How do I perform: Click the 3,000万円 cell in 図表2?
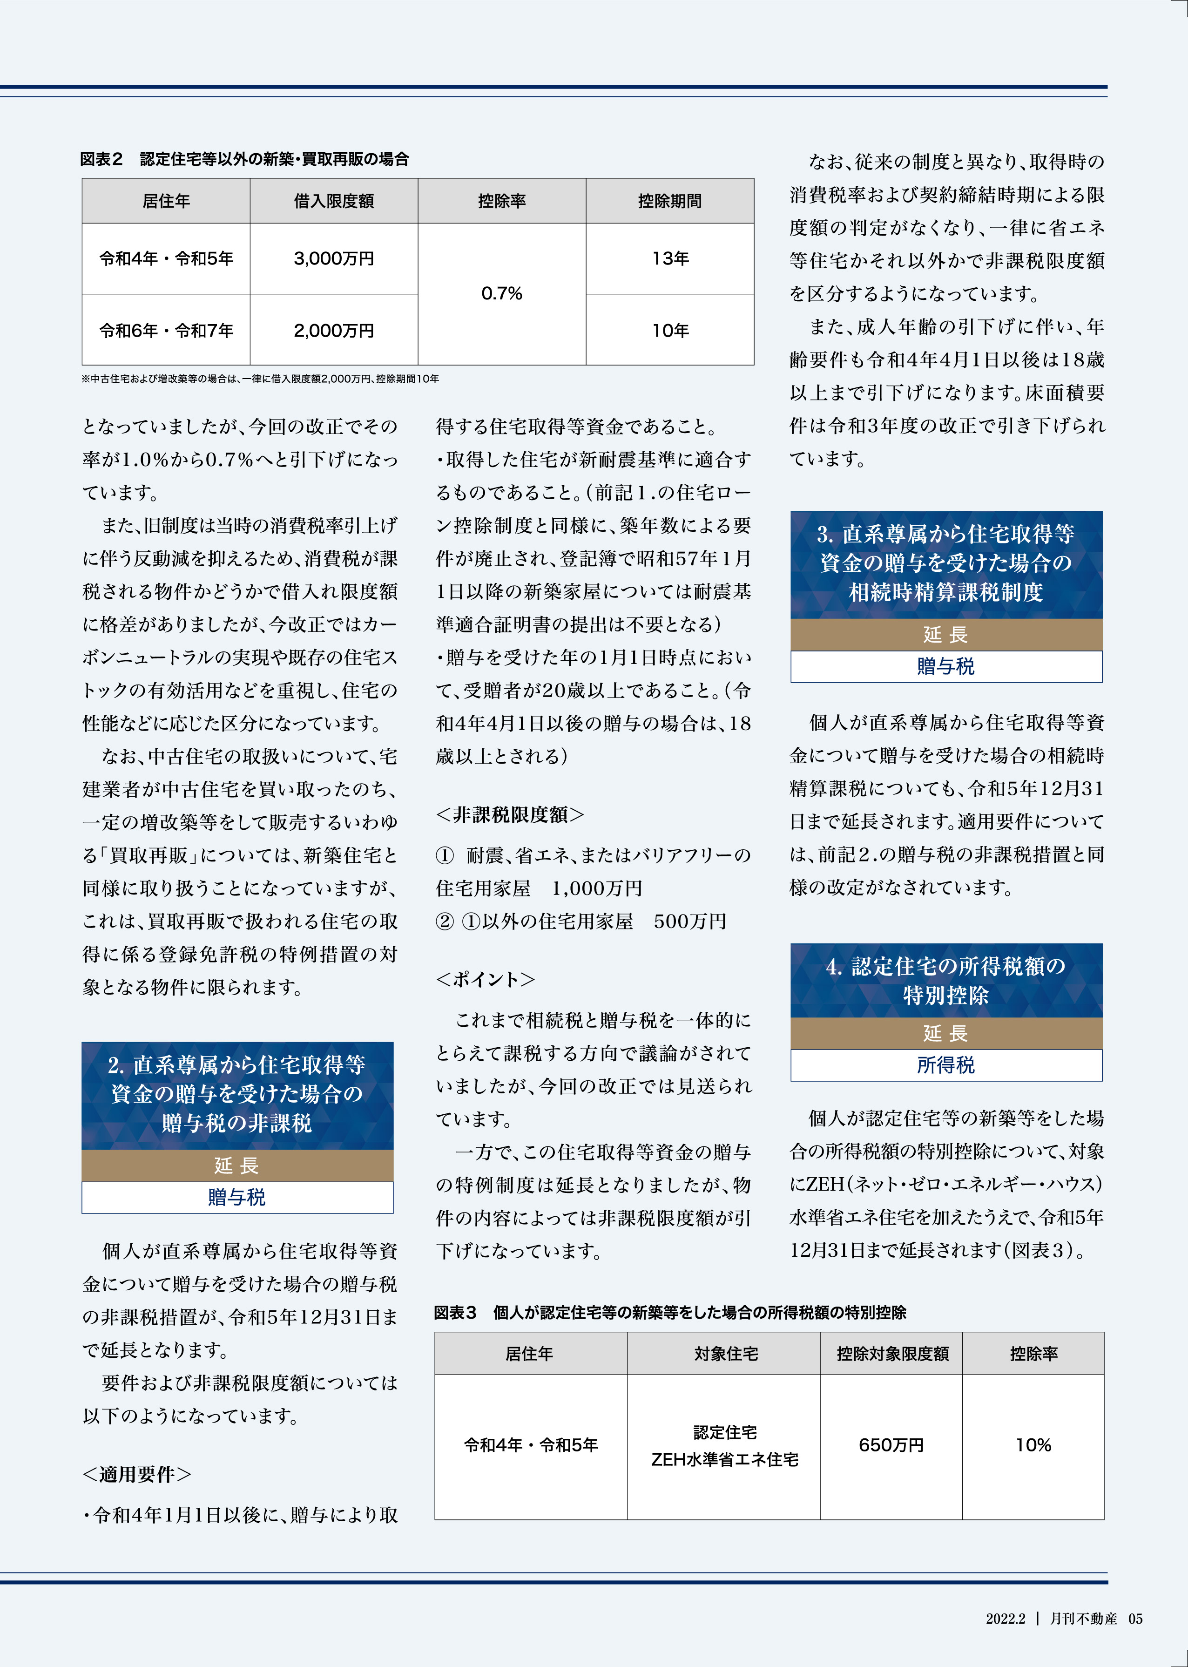[x=334, y=258]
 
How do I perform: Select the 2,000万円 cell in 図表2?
[x=334, y=331]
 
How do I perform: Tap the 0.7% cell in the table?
[x=502, y=293]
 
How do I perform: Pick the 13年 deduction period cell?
[x=670, y=258]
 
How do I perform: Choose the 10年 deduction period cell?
[x=670, y=331]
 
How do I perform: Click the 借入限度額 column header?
[x=334, y=201]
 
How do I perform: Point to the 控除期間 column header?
[x=670, y=201]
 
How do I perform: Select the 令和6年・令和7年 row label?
[x=166, y=331]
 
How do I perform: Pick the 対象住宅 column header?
[x=725, y=1354]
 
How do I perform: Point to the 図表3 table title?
[x=669, y=1313]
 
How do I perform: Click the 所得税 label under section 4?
[x=946, y=1065]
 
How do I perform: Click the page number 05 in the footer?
[x=1134, y=1619]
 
